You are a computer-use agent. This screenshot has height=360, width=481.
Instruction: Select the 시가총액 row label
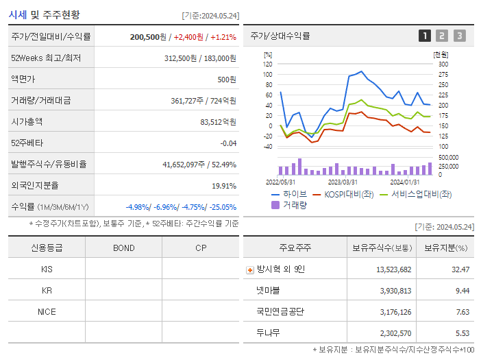(x=27, y=122)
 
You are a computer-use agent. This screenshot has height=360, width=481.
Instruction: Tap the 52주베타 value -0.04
(x=228, y=143)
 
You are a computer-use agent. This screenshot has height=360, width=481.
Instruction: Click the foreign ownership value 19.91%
(x=224, y=186)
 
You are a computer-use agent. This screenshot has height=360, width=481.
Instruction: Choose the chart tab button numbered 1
(x=425, y=36)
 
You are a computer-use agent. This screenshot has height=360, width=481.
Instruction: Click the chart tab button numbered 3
(x=459, y=36)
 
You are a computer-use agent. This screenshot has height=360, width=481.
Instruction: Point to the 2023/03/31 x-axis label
(x=343, y=182)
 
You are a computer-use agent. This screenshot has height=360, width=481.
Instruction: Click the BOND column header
(x=123, y=248)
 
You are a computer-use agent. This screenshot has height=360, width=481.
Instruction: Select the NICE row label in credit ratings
(x=47, y=311)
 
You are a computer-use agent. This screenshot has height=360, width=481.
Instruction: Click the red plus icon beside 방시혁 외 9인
(x=250, y=270)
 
